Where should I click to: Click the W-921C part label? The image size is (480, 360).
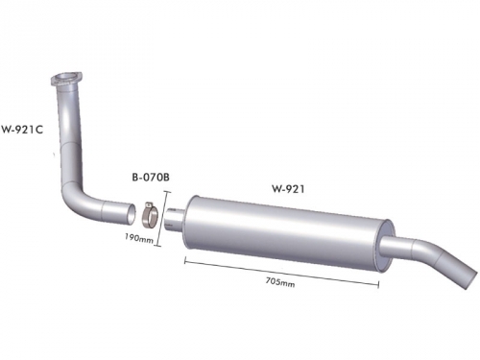22,130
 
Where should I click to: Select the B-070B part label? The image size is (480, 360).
151,177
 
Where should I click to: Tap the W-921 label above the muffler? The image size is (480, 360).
288,189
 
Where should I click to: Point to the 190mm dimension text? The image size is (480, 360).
138,238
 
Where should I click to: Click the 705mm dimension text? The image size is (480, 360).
280,282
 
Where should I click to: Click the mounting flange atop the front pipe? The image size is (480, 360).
66,79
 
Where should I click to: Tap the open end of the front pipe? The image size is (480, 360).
131,213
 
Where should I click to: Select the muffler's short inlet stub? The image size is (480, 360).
175,218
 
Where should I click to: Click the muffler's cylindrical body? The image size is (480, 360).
289,233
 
